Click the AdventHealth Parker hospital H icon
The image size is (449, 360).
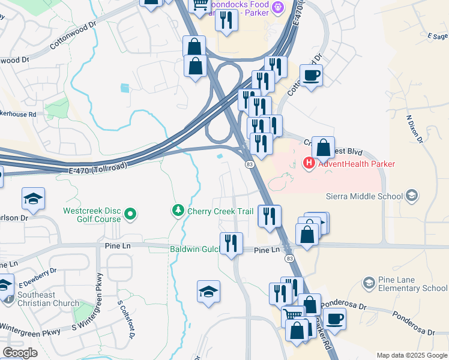tap(309, 163)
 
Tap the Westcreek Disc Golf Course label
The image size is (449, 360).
tap(92, 215)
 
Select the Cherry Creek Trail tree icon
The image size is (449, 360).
tap(178, 211)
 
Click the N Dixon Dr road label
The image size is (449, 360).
tap(412, 129)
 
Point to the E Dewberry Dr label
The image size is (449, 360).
tap(37, 278)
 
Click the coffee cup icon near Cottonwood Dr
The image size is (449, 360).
tap(311, 76)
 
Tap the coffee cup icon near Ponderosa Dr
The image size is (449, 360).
tap(334, 319)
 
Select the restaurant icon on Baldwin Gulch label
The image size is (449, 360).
tap(231, 243)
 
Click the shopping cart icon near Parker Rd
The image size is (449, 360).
tap(293, 316)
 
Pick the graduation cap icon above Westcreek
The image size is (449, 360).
tap(33, 199)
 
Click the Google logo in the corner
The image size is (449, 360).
tap(20, 353)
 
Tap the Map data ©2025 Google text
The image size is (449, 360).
tap(411, 355)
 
